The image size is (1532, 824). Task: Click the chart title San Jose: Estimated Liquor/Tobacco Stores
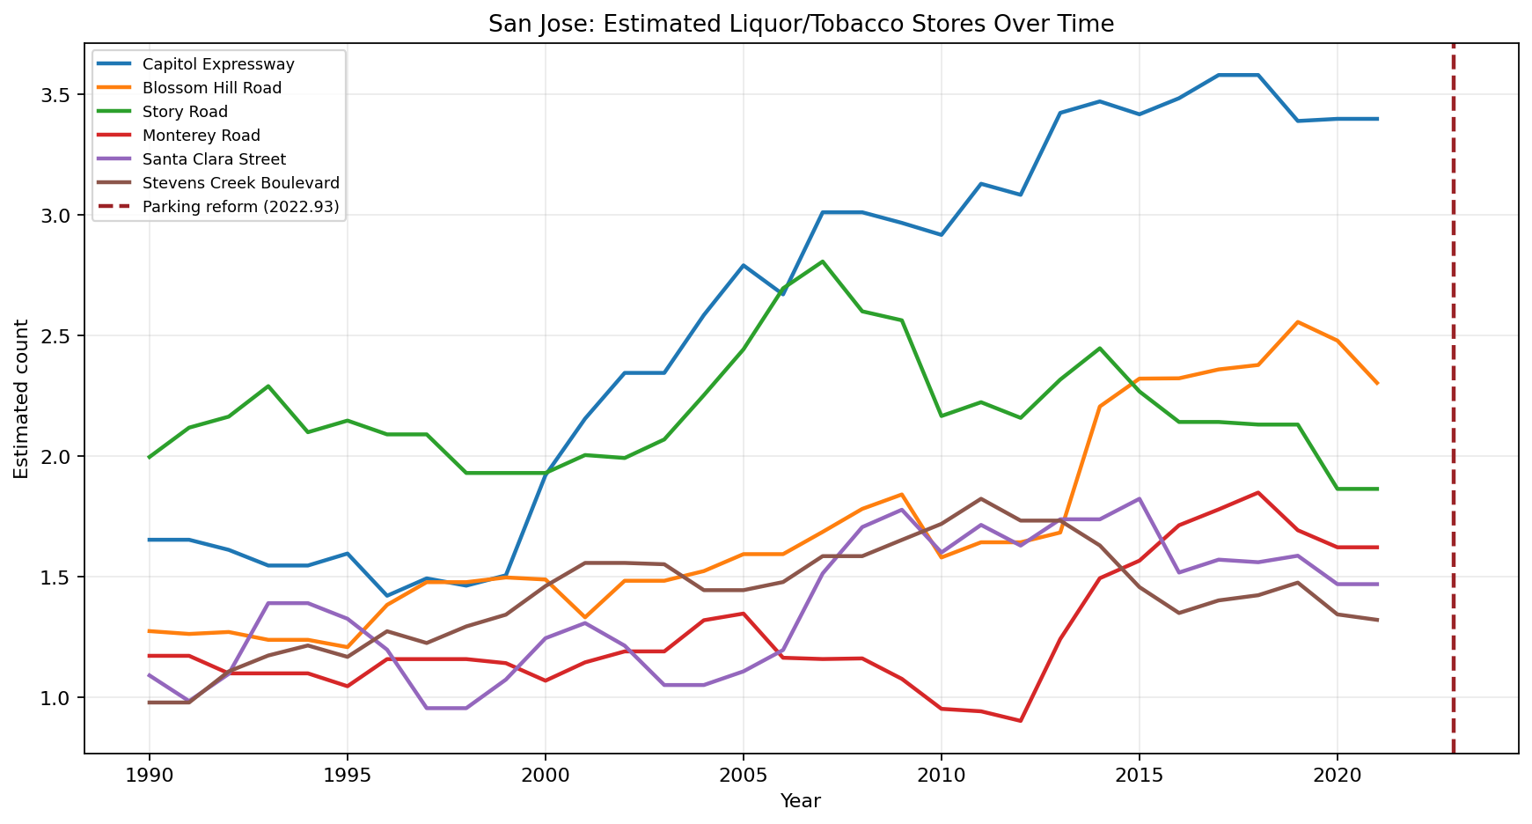tap(801, 25)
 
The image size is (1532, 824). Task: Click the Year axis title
tap(801, 801)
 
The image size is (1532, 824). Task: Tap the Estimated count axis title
tap(22, 399)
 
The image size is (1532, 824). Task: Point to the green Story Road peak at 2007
tap(823, 261)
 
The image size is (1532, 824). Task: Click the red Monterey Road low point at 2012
tap(1021, 721)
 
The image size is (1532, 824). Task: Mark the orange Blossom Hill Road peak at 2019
tap(1298, 322)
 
